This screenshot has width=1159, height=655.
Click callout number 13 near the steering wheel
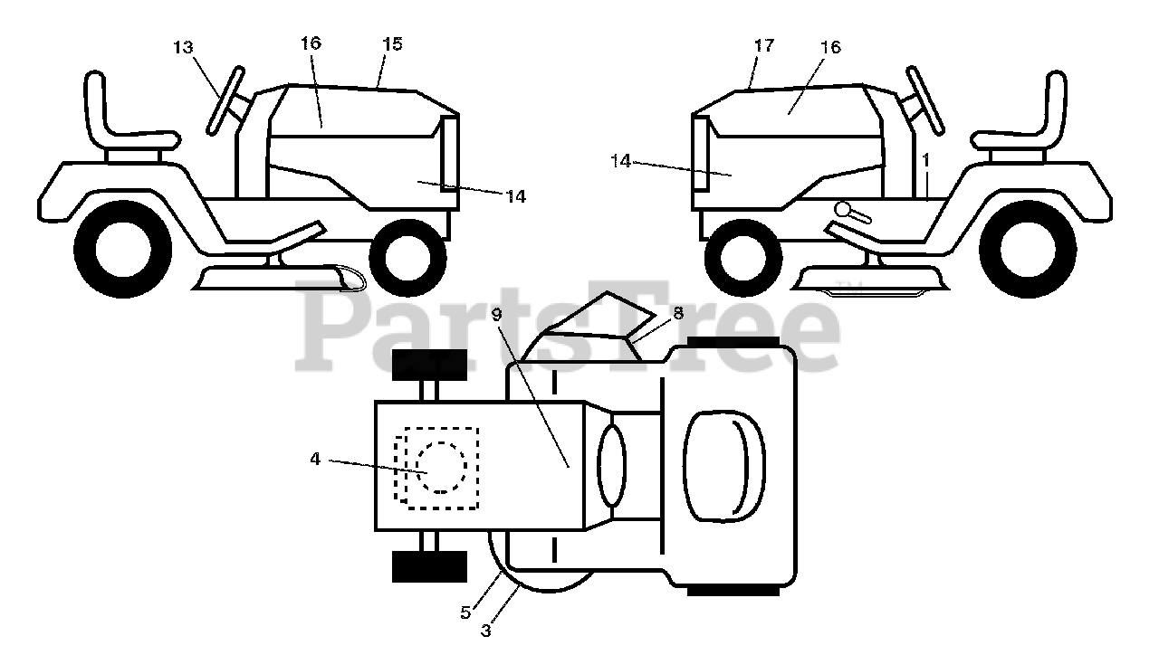[x=183, y=48]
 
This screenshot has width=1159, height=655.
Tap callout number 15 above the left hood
[x=392, y=43]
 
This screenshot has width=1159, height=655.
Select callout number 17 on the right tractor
[x=764, y=45]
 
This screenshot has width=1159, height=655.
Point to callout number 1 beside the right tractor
[x=925, y=158]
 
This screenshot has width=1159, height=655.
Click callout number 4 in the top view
[x=315, y=459]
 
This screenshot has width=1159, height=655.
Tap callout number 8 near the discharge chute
[x=678, y=312]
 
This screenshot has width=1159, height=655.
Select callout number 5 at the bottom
[x=465, y=612]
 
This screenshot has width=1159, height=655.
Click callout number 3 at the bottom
[x=486, y=631]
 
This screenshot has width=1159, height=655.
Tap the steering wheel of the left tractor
[x=225, y=100]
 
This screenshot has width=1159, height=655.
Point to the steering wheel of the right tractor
[x=924, y=100]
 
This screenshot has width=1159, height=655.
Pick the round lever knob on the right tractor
[x=845, y=209]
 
